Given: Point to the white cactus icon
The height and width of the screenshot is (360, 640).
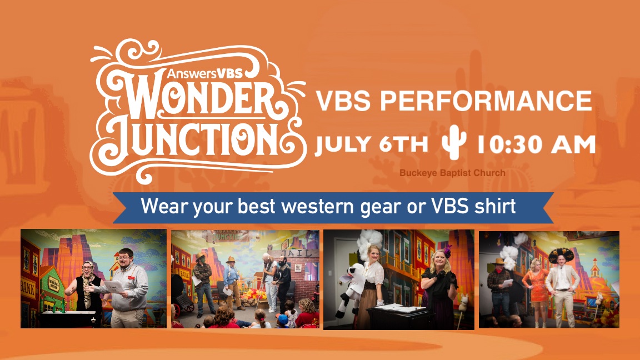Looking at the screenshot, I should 453,144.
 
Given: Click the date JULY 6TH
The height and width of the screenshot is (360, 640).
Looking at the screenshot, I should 371,145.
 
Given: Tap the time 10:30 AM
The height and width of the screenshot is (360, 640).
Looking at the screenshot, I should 536,145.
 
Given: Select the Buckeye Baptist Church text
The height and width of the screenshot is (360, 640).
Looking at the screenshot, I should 452,173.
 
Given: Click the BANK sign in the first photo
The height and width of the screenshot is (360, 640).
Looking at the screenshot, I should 28,288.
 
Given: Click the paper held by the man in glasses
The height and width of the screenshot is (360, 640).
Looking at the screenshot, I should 114,285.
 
